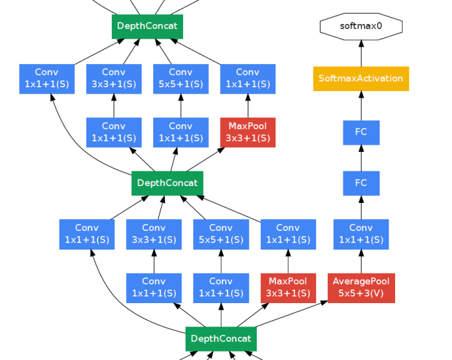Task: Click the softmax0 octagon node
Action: (x=361, y=26)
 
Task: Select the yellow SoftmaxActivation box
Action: (x=361, y=79)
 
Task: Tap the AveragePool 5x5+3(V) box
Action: (x=361, y=288)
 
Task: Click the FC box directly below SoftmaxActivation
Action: (x=361, y=132)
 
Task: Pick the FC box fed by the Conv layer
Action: (x=361, y=183)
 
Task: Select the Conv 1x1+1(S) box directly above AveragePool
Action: (x=361, y=234)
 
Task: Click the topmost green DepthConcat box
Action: (x=147, y=26)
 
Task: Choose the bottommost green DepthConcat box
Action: (x=221, y=339)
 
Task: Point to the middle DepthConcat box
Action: (x=167, y=183)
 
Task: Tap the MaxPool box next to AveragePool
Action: (x=288, y=288)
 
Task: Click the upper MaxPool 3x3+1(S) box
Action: (x=248, y=132)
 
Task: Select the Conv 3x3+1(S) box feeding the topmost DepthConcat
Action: (x=114, y=79)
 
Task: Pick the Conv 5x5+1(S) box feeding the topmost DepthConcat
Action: (x=180, y=79)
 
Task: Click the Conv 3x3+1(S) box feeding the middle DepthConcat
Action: (x=154, y=234)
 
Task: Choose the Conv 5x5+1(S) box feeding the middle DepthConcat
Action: (x=221, y=234)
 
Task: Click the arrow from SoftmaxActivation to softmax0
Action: (x=361, y=53)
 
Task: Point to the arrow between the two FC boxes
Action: (x=361, y=158)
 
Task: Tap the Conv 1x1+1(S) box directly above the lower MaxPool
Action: (x=288, y=234)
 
